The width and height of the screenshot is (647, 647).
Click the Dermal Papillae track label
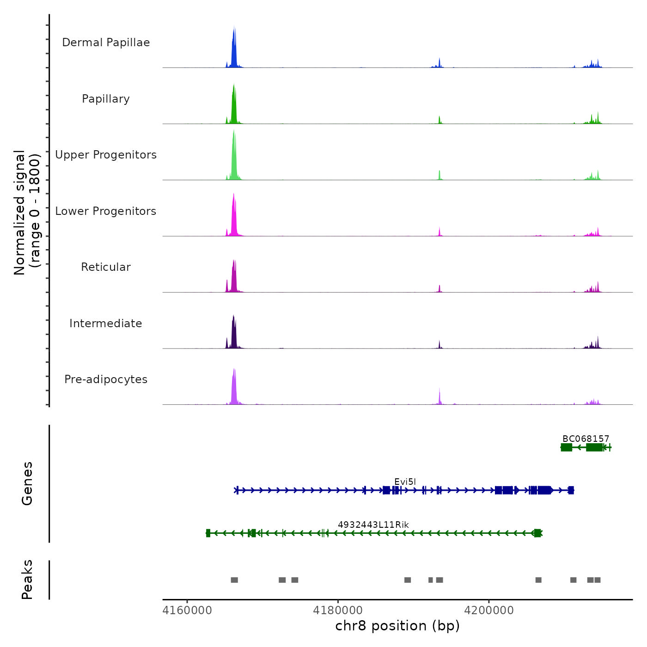106,43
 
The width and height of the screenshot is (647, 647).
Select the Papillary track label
106,99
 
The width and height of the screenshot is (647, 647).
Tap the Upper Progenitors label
106,155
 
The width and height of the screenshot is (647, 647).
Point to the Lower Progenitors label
106,211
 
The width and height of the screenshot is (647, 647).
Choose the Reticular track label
106,267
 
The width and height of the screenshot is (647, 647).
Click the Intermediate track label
106,323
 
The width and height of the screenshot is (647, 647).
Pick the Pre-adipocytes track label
106,379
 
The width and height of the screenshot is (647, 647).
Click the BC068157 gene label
586,439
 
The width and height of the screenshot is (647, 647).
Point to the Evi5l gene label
405,482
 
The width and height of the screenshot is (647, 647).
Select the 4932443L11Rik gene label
373,525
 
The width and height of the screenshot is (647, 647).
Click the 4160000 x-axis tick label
187,610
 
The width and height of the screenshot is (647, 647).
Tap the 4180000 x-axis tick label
338,610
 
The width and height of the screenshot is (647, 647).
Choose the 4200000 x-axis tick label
489,610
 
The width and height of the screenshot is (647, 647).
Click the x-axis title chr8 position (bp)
397,626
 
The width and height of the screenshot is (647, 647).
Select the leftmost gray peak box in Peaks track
234,580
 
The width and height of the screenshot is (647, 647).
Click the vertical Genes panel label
27,483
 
